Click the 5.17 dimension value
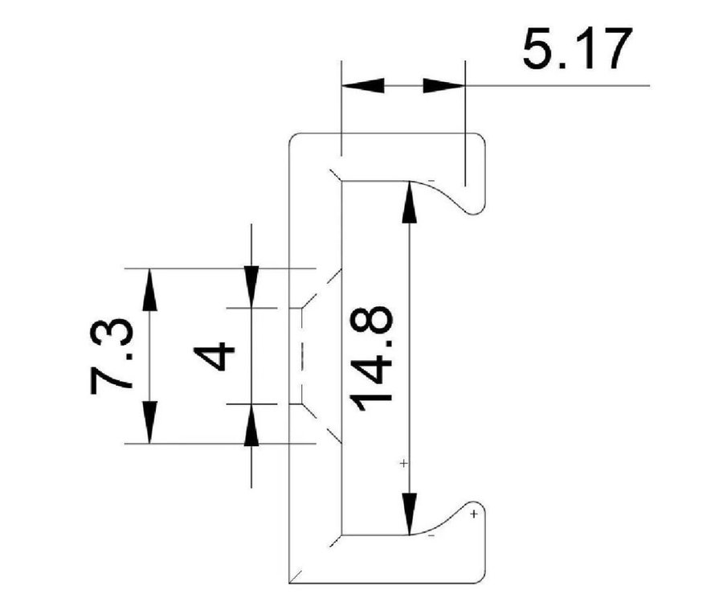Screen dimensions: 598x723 click(x=572, y=50)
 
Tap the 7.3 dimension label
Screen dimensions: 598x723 click(x=112, y=355)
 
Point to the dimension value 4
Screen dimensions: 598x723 click(x=215, y=355)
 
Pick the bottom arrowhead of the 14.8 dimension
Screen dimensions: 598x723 click(x=411, y=514)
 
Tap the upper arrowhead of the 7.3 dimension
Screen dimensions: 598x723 click(x=149, y=289)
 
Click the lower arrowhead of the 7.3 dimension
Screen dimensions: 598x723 click(x=149, y=422)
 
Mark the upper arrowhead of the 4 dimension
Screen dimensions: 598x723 click(x=251, y=288)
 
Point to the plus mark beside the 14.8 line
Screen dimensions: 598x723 click(x=403, y=464)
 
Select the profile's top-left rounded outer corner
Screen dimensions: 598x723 click(x=292, y=139)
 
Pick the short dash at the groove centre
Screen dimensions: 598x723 click(x=300, y=355)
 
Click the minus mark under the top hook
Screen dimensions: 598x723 click(x=432, y=182)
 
